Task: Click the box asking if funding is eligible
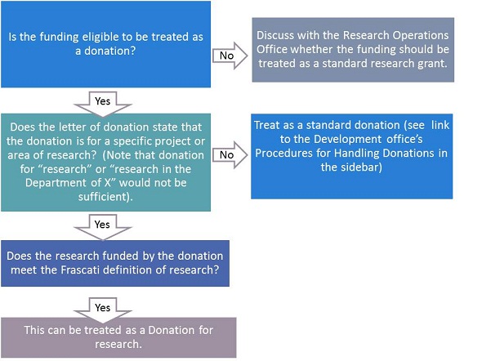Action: (105, 44)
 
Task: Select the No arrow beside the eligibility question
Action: (230, 56)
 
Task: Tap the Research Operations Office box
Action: (353, 50)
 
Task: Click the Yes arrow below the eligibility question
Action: (103, 104)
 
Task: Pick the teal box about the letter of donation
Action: (105, 163)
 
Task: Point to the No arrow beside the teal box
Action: (230, 155)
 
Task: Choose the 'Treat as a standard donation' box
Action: (351, 156)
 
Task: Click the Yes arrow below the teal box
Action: (103, 227)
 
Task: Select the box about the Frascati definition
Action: (115, 263)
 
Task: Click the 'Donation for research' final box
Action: (118, 337)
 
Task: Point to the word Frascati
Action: (80, 270)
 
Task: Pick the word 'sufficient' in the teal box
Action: (103, 197)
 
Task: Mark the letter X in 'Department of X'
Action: (107, 183)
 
